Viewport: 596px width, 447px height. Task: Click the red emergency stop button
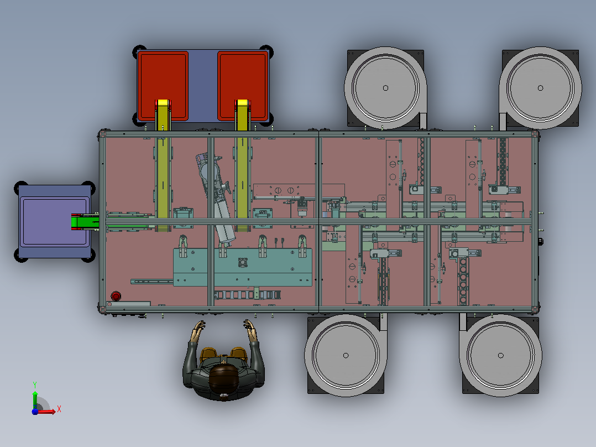coord(116,296)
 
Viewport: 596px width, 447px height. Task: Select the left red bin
coord(163,86)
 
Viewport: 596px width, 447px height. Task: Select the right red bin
coord(243,86)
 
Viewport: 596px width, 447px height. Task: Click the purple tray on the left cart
coord(55,221)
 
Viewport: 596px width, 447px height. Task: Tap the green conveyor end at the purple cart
coord(85,222)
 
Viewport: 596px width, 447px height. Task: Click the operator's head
coord(224,378)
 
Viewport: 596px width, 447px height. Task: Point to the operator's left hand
coord(198,330)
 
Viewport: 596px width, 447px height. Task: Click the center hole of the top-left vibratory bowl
coord(385,88)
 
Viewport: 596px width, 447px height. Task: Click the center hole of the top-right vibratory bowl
coord(541,88)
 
